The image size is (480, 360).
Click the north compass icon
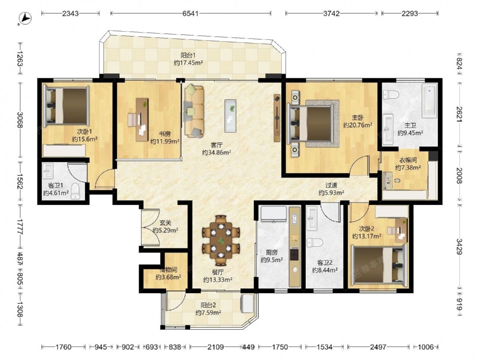[25, 18]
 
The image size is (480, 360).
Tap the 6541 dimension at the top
[191, 13]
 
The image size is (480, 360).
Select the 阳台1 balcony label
[188, 55]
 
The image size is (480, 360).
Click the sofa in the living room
[194, 111]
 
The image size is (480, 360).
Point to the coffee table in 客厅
[230, 116]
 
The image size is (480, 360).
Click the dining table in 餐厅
[221, 240]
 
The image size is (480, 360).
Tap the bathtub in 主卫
[429, 101]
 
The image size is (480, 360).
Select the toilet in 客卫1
[75, 191]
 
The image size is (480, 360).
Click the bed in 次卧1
[66, 106]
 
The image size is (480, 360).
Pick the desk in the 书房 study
[142, 120]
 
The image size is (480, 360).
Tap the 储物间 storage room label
[168, 270]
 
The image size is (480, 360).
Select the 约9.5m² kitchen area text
[272, 260]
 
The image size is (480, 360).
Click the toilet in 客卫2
[315, 242]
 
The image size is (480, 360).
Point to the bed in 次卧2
[379, 264]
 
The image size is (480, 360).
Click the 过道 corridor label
[331, 185]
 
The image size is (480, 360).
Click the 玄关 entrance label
[165, 223]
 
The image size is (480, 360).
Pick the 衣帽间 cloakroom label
[408, 160]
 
